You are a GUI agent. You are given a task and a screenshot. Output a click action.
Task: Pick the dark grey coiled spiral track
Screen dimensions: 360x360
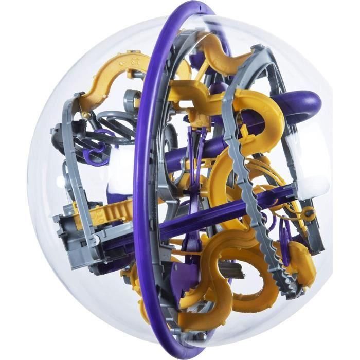point(111,123)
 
